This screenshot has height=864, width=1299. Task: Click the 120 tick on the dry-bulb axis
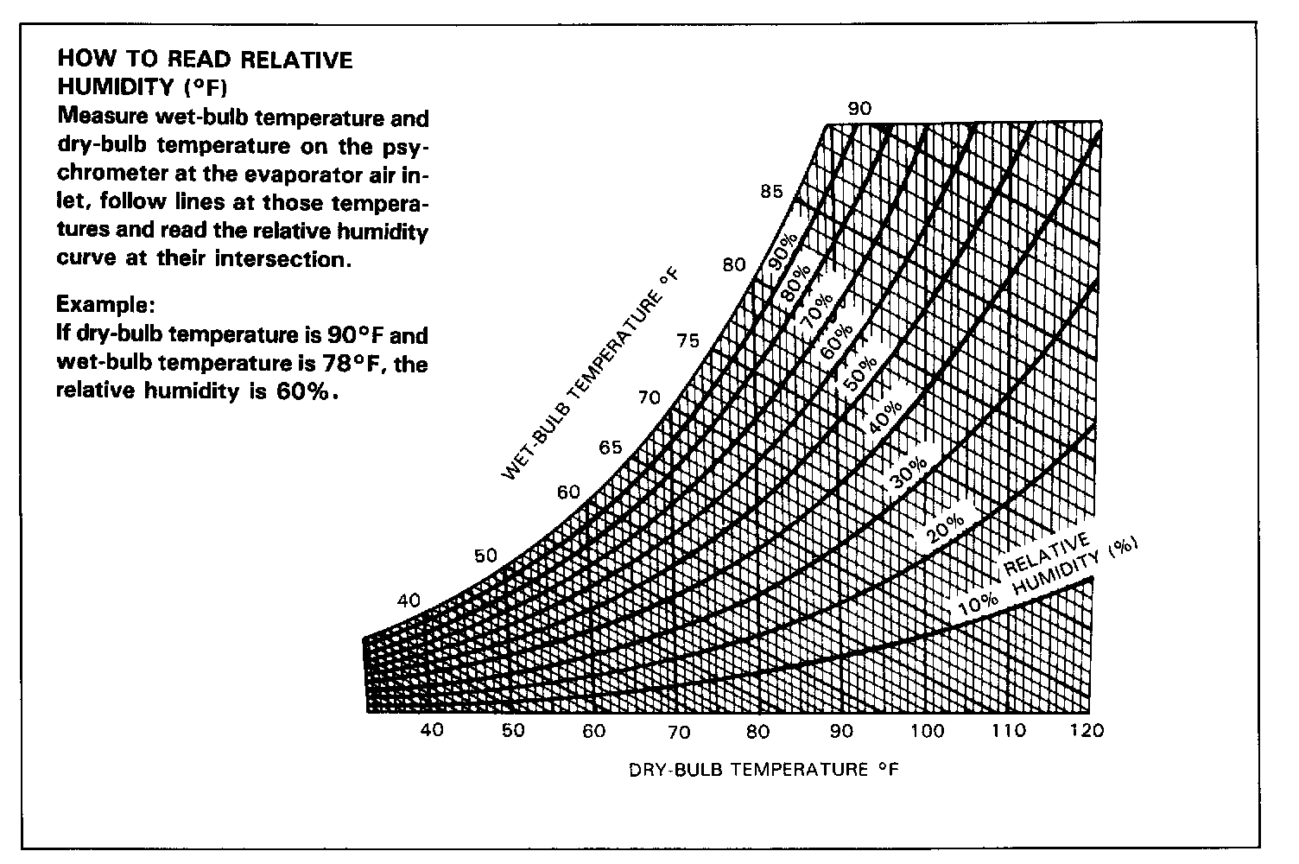pos(1086,731)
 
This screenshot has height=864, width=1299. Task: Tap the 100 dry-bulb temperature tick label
pos(928,731)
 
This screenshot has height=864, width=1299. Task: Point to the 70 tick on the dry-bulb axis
pos(679,732)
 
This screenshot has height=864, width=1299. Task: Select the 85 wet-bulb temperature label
pos(771,192)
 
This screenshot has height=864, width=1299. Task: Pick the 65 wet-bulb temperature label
pos(611,448)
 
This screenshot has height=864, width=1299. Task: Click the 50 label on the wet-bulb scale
pos(486,555)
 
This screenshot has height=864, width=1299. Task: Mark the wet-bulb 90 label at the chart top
pos(859,109)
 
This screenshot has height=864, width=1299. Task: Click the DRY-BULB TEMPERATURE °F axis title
pos(764,770)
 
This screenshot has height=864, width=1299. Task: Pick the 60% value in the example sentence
pos(305,391)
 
